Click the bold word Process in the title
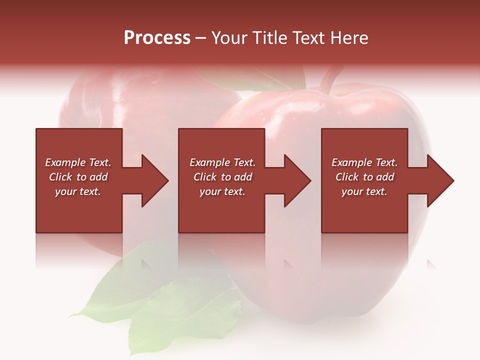click(157, 38)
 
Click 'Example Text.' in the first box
click(78, 162)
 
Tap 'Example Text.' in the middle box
click(222, 162)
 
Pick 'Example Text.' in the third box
click(364, 162)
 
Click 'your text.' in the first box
click(78, 191)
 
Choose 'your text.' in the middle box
click(222, 191)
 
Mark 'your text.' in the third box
click(364, 191)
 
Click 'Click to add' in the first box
click(78, 177)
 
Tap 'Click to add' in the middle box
click(222, 177)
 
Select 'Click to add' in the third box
click(364, 177)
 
